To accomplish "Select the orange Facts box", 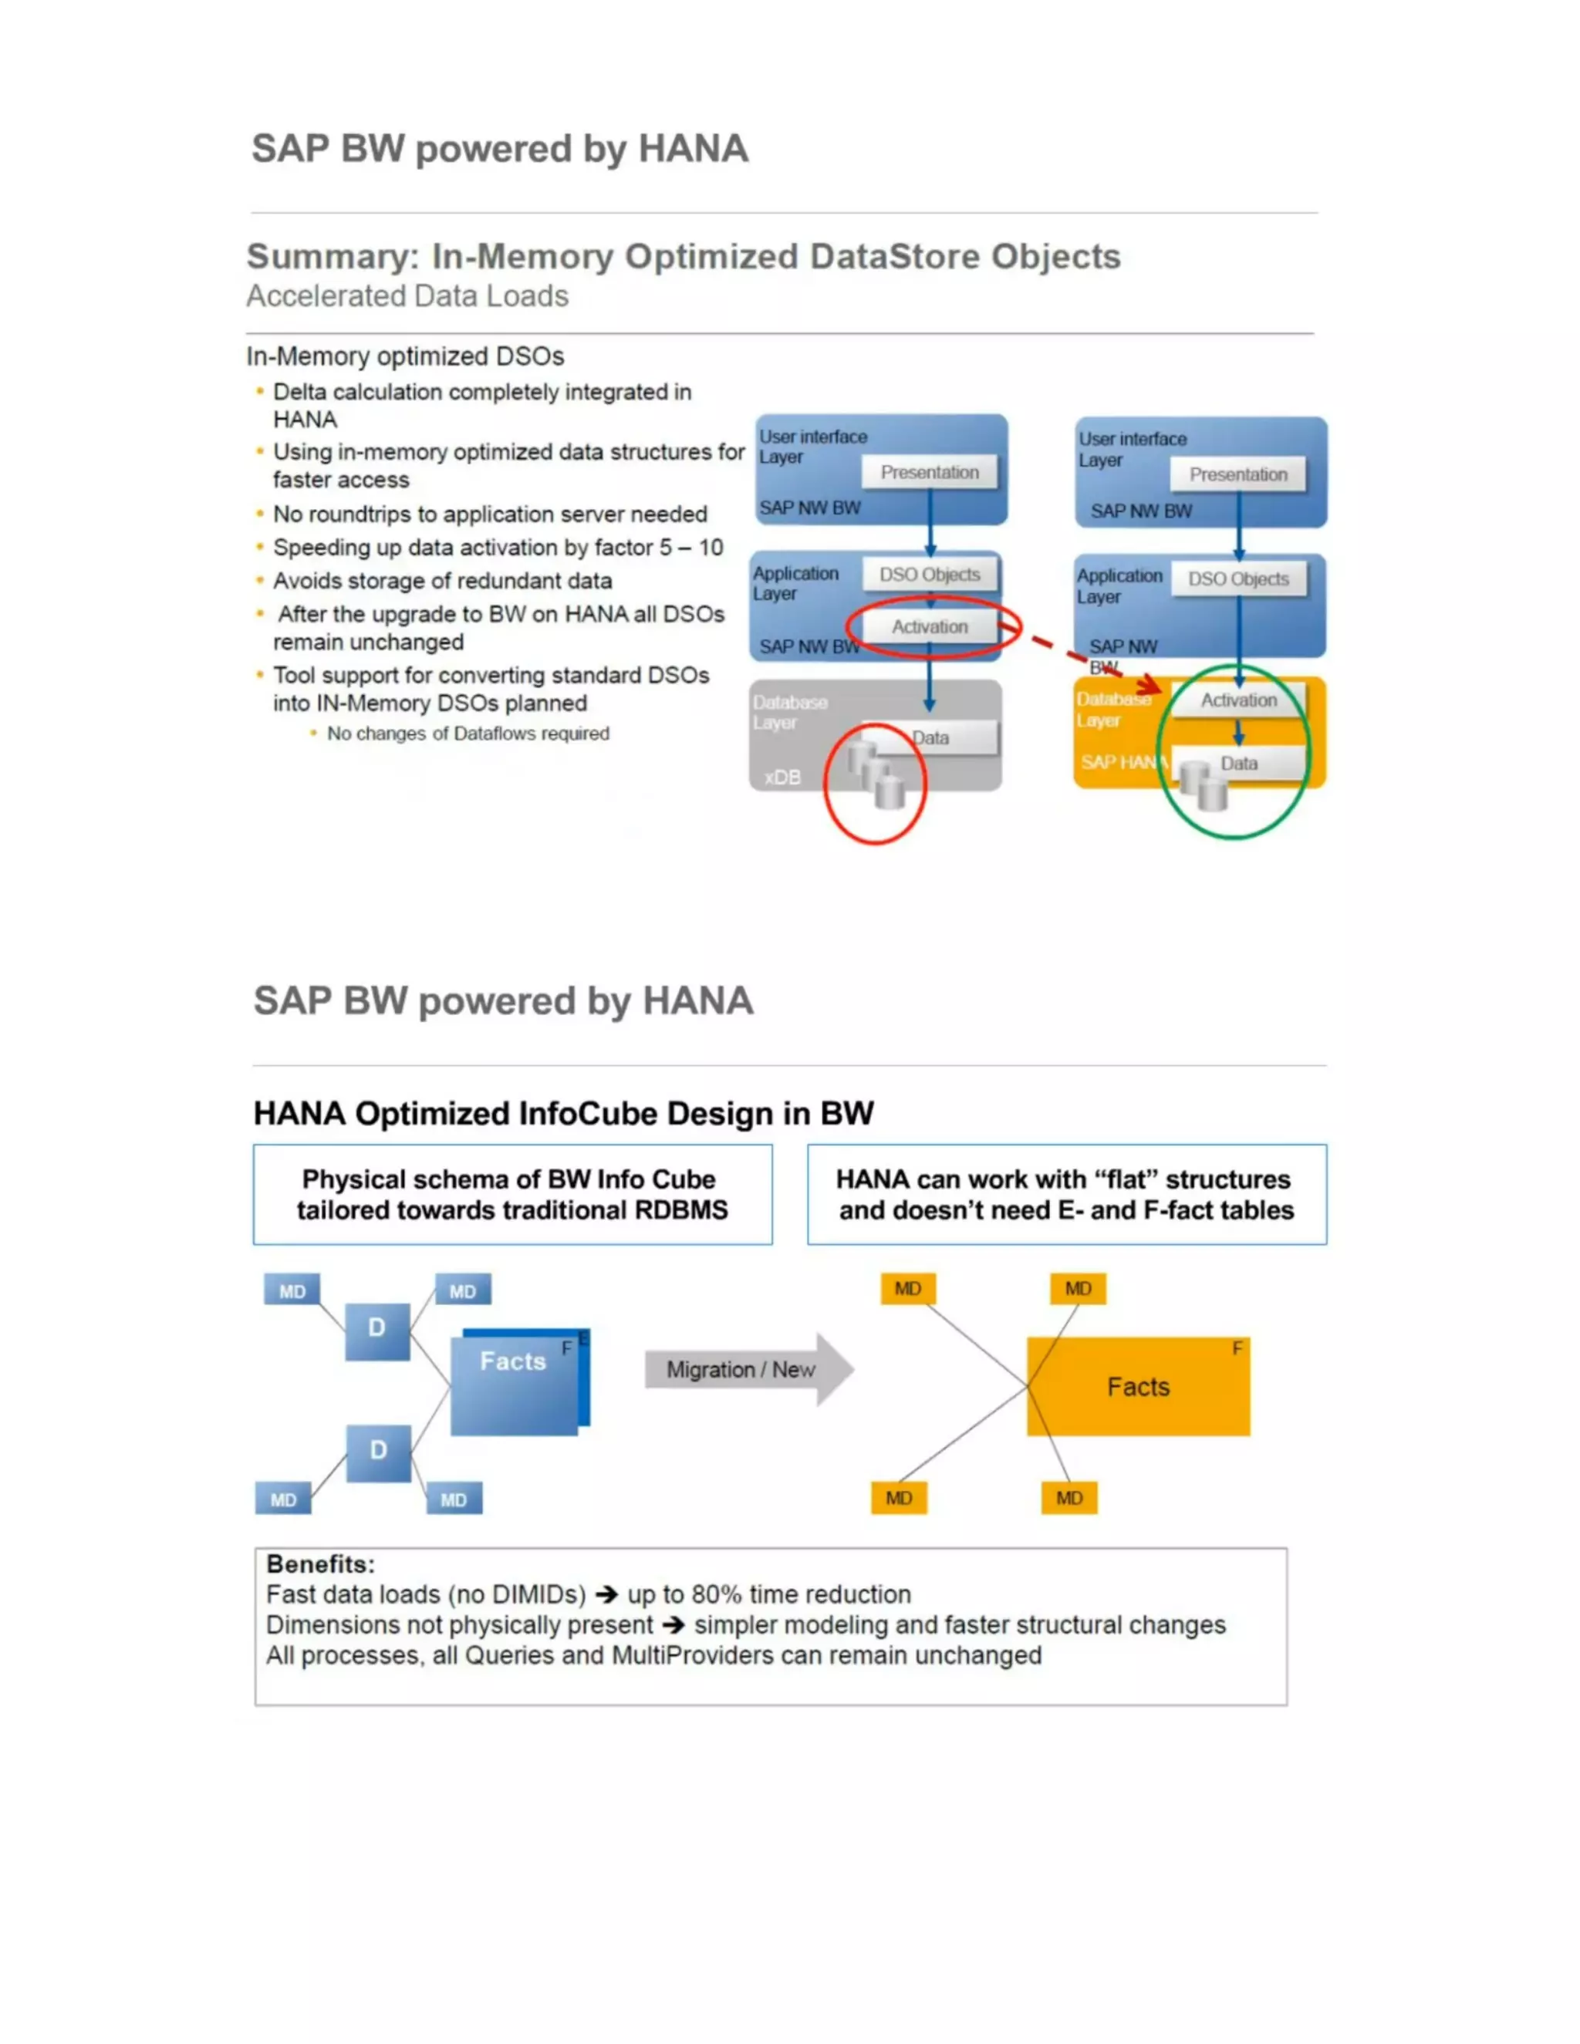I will click(x=1137, y=1386).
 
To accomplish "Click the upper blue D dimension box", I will click(x=376, y=1330).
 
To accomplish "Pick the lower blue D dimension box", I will click(x=378, y=1452).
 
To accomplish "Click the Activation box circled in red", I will click(x=930, y=627).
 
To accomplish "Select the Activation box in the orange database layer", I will click(x=1238, y=700).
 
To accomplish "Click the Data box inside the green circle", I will click(x=1239, y=763).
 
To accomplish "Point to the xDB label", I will click(x=782, y=777).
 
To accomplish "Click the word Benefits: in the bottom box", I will click(x=320, y=1564).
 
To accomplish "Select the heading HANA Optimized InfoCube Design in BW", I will click(x=563, y=1114).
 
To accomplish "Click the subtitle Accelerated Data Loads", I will click(x=407, y=295).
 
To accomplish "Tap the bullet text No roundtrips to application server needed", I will click(x=490, y=514).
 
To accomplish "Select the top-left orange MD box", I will click(x=907, y=1289).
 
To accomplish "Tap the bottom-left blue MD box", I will click(x=282, y=1499).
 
